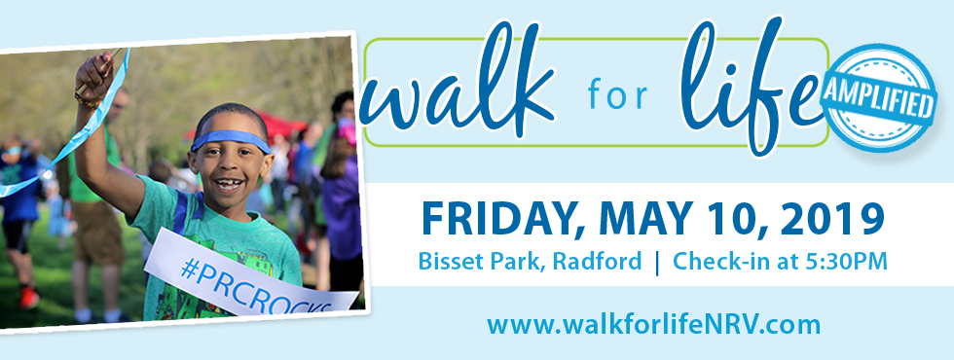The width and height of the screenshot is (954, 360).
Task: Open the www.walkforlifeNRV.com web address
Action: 653,324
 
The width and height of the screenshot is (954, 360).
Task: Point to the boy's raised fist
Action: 94,74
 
